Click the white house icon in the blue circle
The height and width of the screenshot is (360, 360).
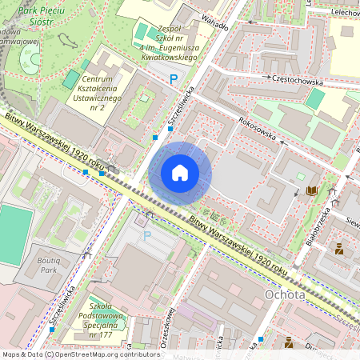tap(180, 173)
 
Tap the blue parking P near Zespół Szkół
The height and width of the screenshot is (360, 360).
tap(174, 79)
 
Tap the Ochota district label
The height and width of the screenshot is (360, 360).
tap(284, 295)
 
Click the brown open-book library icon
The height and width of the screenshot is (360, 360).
tap(310, 191)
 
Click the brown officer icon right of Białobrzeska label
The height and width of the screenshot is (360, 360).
tap(339, 248)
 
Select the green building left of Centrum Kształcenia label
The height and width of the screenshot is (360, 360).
tap(72, 79)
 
